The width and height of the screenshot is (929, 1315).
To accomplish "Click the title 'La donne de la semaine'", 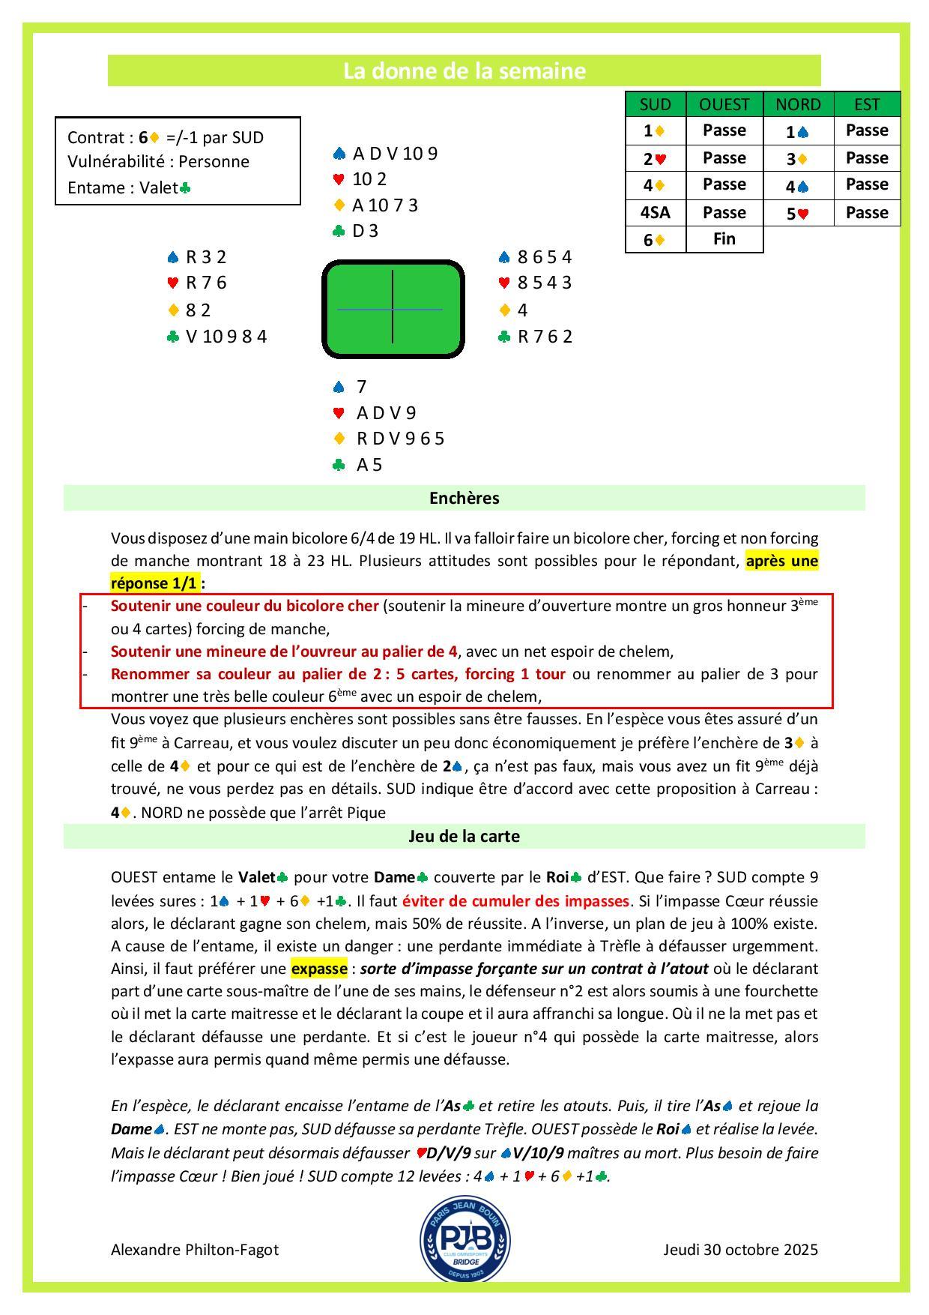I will (464, 71).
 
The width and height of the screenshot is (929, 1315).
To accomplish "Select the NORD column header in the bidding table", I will (798, 104).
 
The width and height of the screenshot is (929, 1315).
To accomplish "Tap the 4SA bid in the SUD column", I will (656, 213).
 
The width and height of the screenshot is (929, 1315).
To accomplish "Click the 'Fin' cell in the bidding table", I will (724, 239).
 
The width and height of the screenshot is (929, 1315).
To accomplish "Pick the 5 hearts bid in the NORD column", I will (798, 213).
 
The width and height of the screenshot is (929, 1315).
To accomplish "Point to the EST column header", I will (867, 104).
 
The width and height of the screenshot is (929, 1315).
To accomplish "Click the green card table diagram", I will (393, 309).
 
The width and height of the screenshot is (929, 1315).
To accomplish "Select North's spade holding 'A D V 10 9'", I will (394, 154).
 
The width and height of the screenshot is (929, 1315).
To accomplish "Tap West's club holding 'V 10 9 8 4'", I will (226, 337).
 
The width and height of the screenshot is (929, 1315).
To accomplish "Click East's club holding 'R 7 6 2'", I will (545, 337).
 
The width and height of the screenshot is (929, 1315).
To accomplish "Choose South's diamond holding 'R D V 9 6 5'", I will (400, 439).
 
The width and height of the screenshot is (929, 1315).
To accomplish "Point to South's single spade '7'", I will (361, 387).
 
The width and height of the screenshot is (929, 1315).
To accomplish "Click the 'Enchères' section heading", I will (464, 499).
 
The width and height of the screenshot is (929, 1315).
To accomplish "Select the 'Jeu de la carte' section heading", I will (464, 837).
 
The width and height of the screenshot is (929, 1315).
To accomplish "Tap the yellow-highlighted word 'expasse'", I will (319, 969).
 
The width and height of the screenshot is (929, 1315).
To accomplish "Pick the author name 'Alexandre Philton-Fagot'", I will (195, 1250).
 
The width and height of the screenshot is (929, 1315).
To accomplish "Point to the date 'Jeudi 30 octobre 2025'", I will (740, 1250).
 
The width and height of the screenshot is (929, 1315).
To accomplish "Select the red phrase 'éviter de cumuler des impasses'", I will (515, 900).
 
